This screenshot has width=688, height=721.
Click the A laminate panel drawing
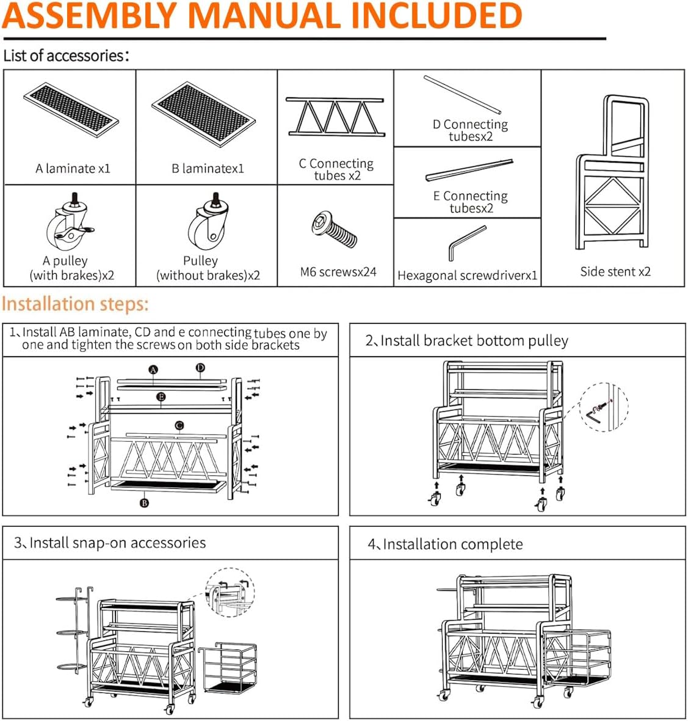[71, 109]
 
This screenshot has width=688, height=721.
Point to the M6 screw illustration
[335, 230]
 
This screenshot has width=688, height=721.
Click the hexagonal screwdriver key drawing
[467, 243]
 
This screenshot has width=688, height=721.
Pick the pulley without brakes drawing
[207, 224]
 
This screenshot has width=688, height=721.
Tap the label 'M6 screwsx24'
[338, 272]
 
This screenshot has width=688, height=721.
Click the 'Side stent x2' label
[615, 272]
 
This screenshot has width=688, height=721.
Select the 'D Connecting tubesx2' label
[470, 130]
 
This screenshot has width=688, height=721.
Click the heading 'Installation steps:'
[75, 304]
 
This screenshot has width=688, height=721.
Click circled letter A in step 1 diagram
[153, 369]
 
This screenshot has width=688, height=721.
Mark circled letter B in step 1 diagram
[145, 503]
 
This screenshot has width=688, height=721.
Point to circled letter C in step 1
[179, 425]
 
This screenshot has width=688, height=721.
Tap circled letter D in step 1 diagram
[200, 368]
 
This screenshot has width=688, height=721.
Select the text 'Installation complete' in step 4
[452, 544]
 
